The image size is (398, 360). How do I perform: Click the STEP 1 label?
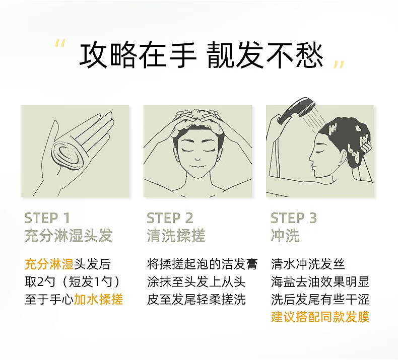47,218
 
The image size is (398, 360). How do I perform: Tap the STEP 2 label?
170,218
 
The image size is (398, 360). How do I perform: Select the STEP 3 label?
294,218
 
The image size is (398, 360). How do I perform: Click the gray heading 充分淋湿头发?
69,236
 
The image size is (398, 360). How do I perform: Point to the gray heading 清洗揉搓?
176,236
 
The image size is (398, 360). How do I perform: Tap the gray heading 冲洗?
285,236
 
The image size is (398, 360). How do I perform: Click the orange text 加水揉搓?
98,300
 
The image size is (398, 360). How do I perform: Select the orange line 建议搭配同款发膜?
320,317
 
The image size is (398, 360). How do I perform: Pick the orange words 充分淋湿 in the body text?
49,264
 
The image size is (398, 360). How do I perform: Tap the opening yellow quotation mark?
60,43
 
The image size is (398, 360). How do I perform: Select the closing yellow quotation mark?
339,64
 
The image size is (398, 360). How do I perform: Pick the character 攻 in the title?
94,55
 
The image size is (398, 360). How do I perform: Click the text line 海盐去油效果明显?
320,282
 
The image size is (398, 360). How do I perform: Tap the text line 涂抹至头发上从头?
196,282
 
